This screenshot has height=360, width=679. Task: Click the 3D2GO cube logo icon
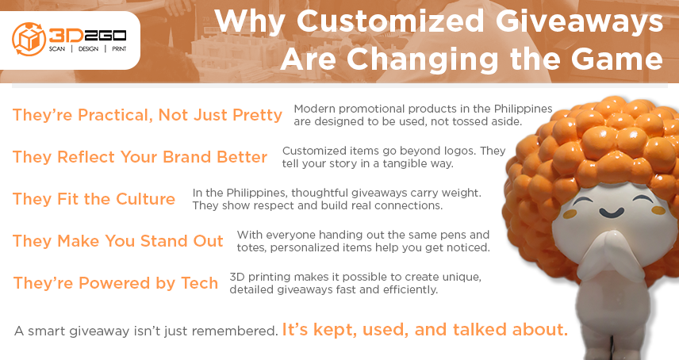click(29, 40)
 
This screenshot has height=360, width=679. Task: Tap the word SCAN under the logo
click(57, 49)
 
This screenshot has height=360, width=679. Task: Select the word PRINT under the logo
click(119, 49)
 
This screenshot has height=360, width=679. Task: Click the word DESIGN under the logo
click(88, 49)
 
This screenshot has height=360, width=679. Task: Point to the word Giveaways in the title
click(579, 21)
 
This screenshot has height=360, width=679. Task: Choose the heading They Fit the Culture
click(94, 199)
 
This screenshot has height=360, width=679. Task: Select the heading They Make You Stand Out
click(117, 241)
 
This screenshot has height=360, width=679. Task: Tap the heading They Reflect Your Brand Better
click(140, 157)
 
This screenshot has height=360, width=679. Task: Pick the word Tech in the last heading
click(200, 283)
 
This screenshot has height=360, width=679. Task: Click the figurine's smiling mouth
click(612, 213)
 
